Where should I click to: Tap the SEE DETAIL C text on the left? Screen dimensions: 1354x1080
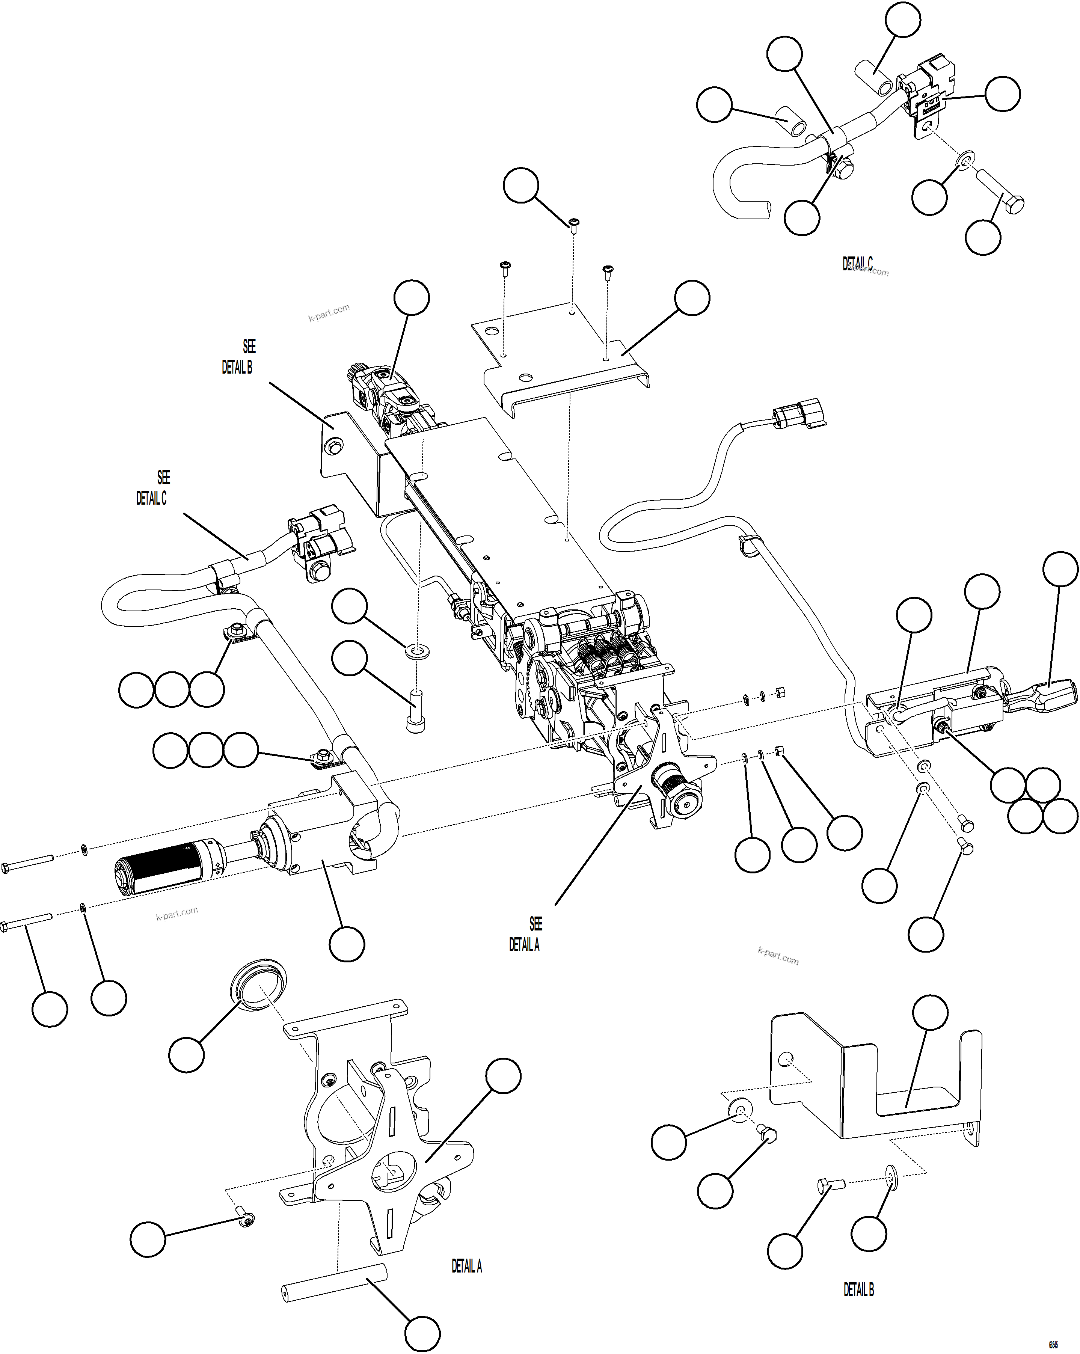(152, 488)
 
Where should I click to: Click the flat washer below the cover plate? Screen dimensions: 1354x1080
(418, 649)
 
